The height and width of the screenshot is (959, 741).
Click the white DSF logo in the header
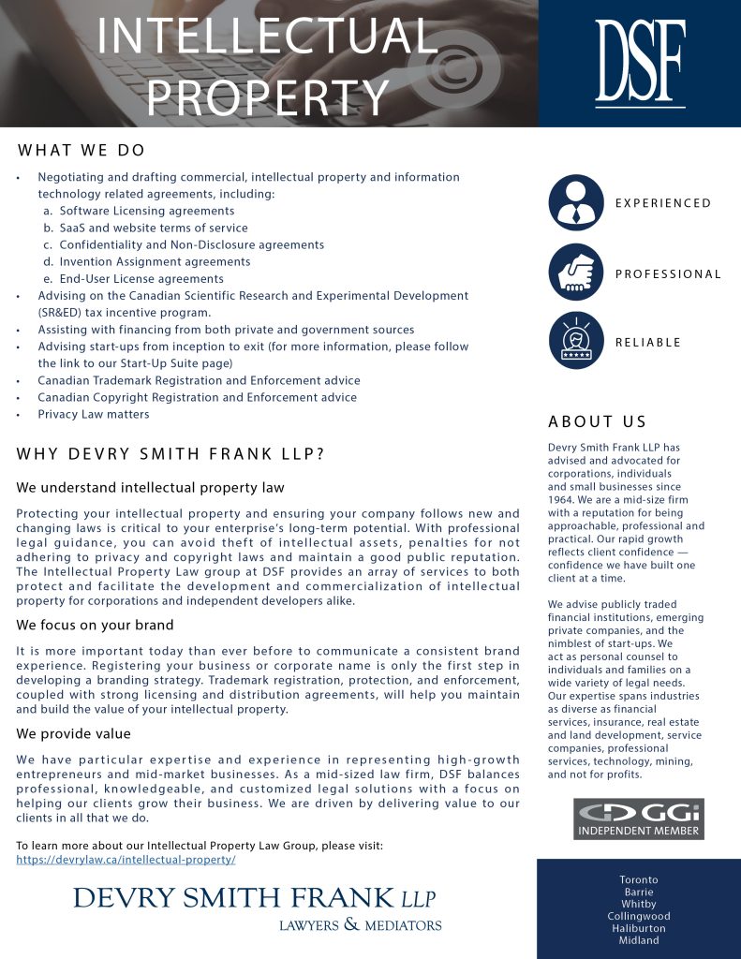[641, 62]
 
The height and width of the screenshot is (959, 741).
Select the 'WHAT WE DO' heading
[81, 151]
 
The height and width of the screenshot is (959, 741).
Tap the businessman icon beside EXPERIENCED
[576, 203]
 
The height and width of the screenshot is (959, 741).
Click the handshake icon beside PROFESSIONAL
[576, 273]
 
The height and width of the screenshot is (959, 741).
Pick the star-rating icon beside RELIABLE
[576, 340]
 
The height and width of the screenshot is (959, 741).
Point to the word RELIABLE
[647, 342]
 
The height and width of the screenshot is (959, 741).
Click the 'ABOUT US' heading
[597, 421]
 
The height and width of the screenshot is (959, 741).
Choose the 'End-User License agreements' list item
[141, 278]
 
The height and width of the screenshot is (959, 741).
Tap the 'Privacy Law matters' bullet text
[93, 414]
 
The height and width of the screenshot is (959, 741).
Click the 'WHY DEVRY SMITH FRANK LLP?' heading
[170, 454]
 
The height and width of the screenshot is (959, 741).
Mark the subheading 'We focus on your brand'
[95, 625]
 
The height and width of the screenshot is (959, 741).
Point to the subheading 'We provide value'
[73, 733]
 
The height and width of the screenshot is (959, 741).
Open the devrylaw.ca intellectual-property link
[126, 859]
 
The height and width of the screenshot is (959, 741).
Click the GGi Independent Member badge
[638, 819]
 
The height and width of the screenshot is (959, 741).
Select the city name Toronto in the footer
[639, 879]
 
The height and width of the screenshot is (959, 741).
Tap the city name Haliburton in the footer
[639, 928]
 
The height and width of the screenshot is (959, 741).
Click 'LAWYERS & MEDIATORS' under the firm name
[360, 925]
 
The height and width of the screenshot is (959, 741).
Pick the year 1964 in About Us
[562, 500]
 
